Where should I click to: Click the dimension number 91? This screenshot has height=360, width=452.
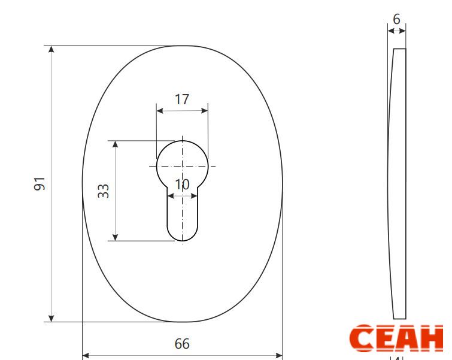(40, 184)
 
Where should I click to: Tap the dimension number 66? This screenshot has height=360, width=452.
(182, 344)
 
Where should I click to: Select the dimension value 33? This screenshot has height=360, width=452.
(103, 191)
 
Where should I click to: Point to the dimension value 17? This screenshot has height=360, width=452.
(182, 99)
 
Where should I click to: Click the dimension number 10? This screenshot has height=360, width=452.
(182, 184)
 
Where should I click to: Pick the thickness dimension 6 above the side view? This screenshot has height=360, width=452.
(397, 19)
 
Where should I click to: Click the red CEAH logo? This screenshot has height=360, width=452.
(396, 338)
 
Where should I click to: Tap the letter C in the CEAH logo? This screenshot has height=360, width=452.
(362, 338)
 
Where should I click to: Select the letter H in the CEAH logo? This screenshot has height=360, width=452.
(431, 338)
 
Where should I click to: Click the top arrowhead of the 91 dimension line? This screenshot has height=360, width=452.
(51, 49)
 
